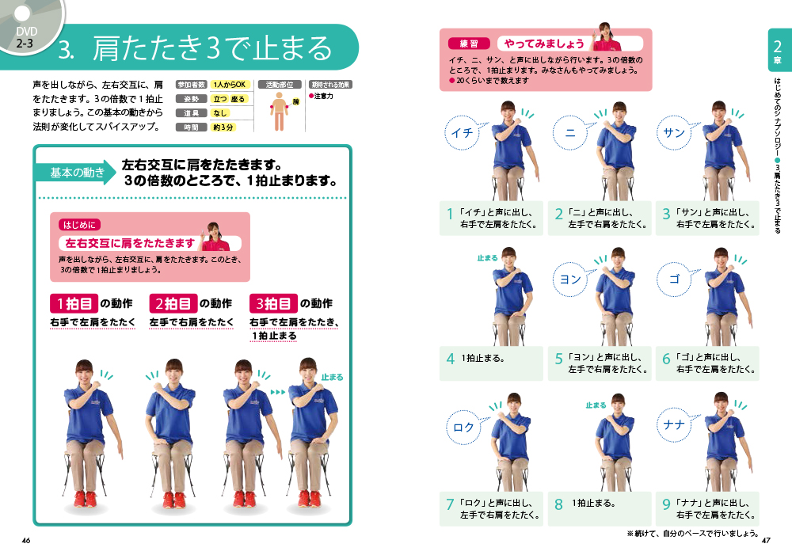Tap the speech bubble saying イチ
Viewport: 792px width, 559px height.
pyautogui.click(x=463, y=132)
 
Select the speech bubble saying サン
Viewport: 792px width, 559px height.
pyautogui.click(x=674, y=132)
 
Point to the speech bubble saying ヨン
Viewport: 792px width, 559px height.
pyautogui.click(x=571, y=279)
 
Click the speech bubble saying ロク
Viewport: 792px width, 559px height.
pyautogui.click(x=463, y=428)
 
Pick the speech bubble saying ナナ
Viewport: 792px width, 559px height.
pyautogui.click(x=674, y=424)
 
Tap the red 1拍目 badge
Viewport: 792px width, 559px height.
pyautogui.click(x=74, y=303)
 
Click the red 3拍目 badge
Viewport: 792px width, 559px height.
pyautogui.click(x=272, y=303)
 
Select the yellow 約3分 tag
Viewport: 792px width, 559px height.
pyautogui.click(x=223, y=127)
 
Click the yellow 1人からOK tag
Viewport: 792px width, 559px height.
pyautogui.click(x=230, y=85)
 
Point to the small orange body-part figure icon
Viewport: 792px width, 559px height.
pyautogui.click(x=279, y=112)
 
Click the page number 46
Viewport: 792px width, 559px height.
pyautogui.click(x=26, y=540)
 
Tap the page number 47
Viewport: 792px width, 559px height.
pyautogui.click(x=766, y=540)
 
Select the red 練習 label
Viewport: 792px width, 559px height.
pyautogui.click(x=469, y=44)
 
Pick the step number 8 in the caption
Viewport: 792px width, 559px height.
pyautogui.click(x=558, y=504)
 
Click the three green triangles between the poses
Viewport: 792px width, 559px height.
pyautogui.click(x=278, y=392)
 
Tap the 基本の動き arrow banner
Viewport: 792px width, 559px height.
pyautogui.click(x=76, y=173)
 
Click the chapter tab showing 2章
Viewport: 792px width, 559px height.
pyautogui.click(x=778, y=51)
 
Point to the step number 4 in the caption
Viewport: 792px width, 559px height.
pyautogui.click(x=451, y=359)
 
